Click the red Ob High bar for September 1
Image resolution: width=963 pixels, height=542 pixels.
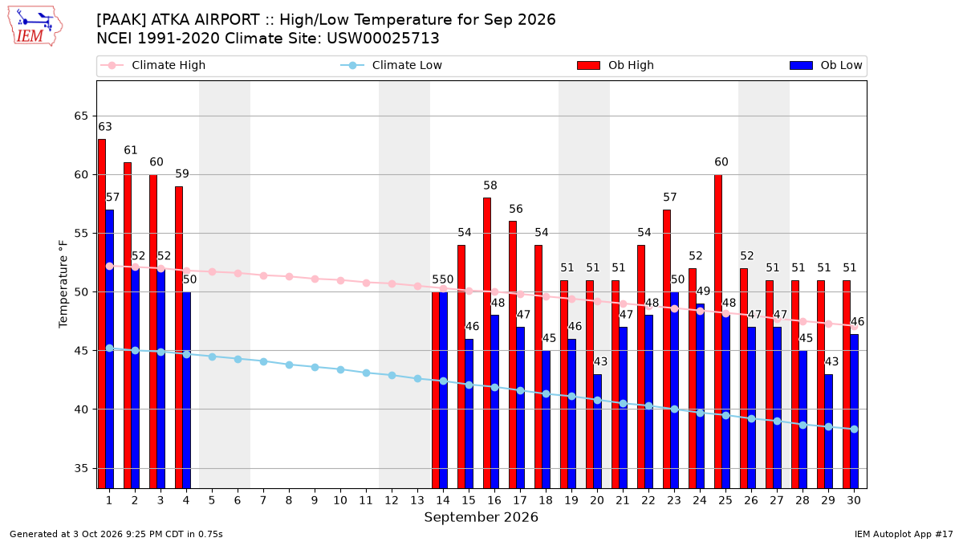102,314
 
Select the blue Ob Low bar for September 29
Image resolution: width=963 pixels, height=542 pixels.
828,431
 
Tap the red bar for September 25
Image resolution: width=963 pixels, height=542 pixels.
718,331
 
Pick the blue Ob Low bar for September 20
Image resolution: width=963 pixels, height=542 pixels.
598,431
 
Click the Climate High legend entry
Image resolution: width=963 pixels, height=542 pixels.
153,65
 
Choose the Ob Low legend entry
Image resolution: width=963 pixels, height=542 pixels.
826,65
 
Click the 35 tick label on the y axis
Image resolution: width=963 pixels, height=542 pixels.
81,468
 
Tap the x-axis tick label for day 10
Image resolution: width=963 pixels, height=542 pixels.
340,500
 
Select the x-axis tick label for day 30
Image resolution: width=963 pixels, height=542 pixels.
854,500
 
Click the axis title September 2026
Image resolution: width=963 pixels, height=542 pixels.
481,517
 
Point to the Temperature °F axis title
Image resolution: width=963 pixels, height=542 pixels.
63,284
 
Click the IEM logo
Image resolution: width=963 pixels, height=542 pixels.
35,26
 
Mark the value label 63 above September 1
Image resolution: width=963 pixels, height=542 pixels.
105,127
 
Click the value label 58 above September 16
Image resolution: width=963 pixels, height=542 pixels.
490,185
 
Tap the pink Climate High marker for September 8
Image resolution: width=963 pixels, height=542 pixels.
290,276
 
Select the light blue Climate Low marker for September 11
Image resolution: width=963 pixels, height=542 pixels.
366,373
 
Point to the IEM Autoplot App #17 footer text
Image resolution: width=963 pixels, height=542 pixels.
904,534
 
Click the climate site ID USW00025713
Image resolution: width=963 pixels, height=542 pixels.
383,39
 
